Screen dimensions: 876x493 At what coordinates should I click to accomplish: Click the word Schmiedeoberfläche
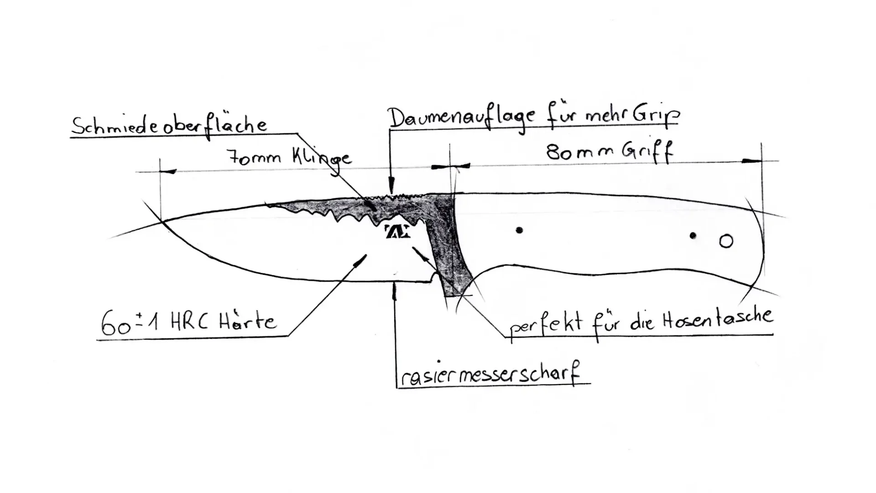[169, 125]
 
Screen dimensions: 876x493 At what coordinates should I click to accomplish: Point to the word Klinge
[322, 159]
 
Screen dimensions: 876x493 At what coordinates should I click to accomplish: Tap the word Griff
[648, 152]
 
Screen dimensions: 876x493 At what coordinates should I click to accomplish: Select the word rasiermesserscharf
[490, 376]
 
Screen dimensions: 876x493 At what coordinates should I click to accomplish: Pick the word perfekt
[546, 325]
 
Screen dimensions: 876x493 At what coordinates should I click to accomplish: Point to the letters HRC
[189, 322]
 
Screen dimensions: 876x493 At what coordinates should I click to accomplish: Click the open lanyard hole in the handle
[726, 241]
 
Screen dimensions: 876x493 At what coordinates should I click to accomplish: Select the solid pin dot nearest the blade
[519, 230]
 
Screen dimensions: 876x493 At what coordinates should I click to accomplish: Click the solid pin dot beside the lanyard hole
[693, 236]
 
